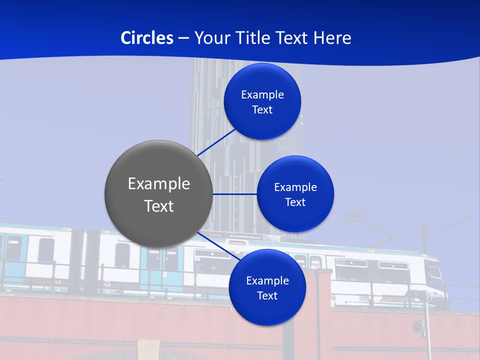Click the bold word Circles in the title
[146, 38]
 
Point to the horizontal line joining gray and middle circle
[234, 194]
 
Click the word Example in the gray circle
[159, 184]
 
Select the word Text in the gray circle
[159, 206]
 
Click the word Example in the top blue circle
[262, 95]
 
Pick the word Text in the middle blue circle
[295, 202]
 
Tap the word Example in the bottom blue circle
[267, 281]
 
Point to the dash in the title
[183, 38]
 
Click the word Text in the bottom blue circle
[267, 296]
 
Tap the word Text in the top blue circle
[262, 110]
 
